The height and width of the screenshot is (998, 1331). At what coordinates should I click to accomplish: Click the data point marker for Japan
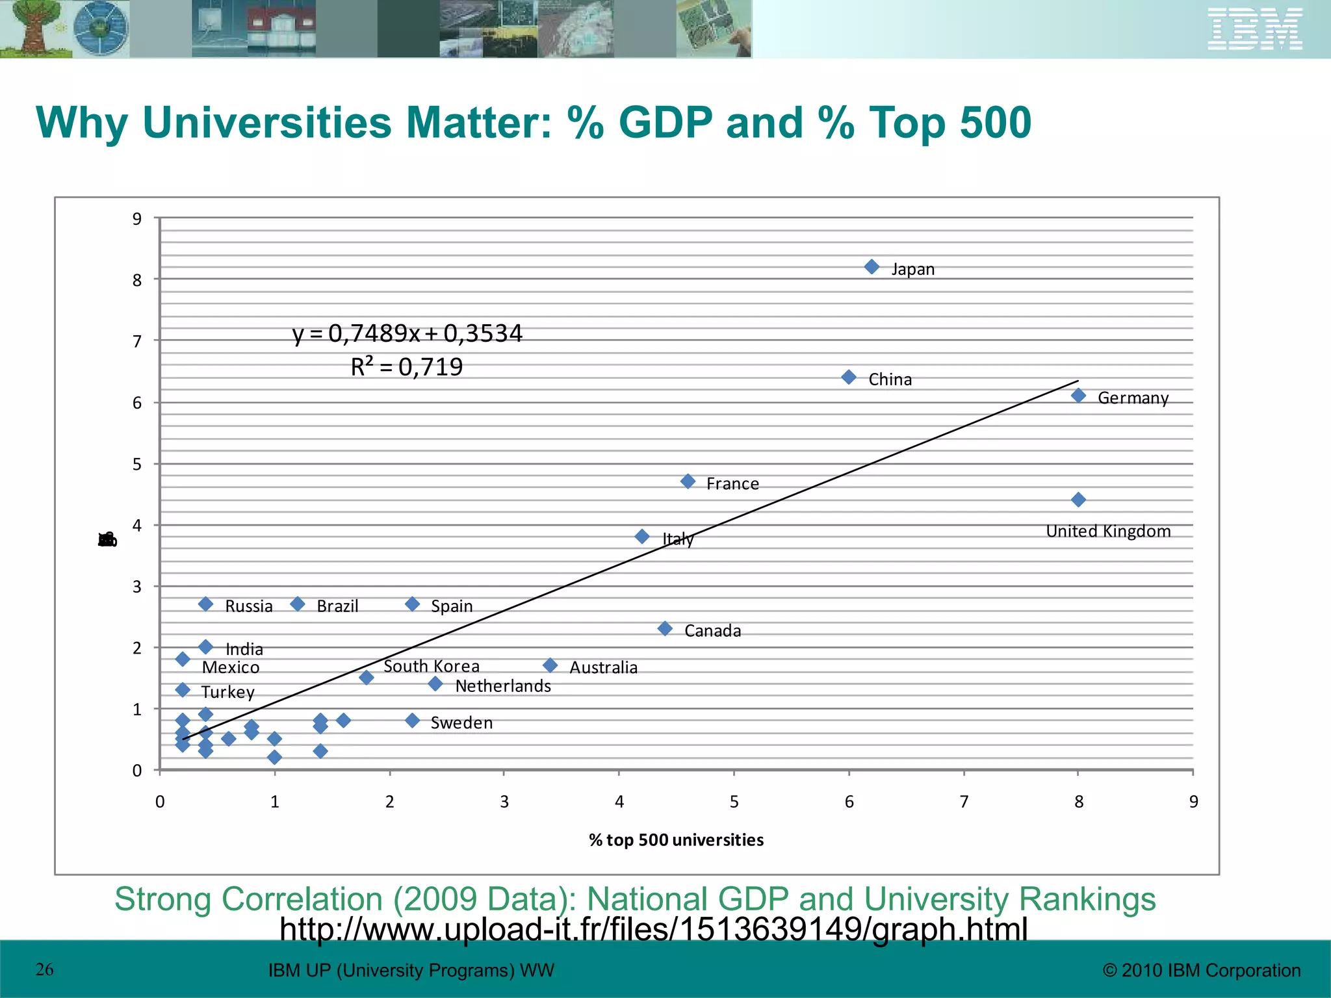click(872, 267)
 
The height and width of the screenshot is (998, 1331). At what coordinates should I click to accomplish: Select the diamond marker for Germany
click(1078, 395)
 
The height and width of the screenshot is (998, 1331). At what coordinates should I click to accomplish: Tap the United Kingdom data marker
click(1078, 500)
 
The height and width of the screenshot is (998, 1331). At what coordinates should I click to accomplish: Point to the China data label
click(890, 379)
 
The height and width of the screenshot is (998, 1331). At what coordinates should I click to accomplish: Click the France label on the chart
click(732, 484)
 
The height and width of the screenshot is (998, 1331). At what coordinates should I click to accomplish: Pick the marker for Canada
click(665, 628)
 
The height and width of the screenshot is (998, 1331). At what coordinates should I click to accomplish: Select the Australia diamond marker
click(550, 665)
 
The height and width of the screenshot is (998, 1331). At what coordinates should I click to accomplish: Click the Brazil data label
click(337, 606)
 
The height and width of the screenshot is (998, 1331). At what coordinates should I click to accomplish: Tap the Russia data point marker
click(205, 604)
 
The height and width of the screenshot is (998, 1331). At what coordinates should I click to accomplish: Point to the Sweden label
click(461, 723)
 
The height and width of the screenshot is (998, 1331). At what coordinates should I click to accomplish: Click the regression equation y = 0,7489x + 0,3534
click(407, 333)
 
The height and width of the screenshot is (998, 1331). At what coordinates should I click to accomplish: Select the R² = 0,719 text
click(407, 367)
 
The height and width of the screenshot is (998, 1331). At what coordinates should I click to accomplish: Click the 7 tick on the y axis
click(137, 341)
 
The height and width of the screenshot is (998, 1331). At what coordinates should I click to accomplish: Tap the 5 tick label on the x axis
click(734, 802)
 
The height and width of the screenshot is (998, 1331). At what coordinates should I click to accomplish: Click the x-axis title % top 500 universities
click(676, 840)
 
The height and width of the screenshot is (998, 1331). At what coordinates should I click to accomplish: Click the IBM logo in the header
click(1254, 29)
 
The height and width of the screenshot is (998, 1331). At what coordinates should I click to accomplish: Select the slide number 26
click(44, 969)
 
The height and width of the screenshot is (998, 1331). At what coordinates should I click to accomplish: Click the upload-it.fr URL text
click(653, 929)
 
